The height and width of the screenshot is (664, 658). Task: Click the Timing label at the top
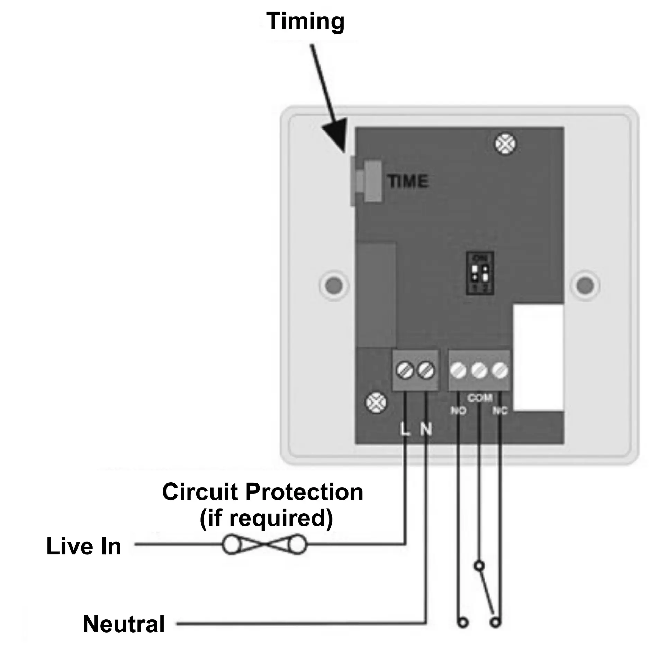pyautogui.click(x=305, y=21)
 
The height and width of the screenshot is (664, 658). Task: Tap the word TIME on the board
pyautogui.click(x=408, y=182)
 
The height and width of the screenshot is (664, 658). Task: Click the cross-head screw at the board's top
pyautogui.click(x=505, y=144)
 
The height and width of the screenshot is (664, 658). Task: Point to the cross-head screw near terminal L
pyautogui.click(x=376, y=403)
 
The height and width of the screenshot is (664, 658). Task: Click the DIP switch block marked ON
pyautogui.click(x=480, y=273)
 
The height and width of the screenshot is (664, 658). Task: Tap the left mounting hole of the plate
pyautogui.click(x=334, y=285)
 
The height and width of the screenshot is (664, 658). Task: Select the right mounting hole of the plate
pyautogui.click(x=585, y=285)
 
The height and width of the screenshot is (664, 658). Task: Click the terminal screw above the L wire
pyautogui.click(x=405, y=371)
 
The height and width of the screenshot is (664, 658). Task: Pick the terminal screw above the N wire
pyautogui.click(x=426, y=371)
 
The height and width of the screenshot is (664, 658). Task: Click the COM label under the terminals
pyautogui.click(x=480, y=398)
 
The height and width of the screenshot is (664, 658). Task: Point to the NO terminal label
pyautogui.click(x=458, y=411)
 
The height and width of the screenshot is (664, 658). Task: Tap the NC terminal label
pyautogui.click(x=500, y=411)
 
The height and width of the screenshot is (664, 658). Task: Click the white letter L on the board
pyautogui.click(x=404, y=430)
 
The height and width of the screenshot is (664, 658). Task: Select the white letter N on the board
pyautogui.click(x=426, y=430)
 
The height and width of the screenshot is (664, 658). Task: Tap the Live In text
pyautogui.click(x=84, y=546)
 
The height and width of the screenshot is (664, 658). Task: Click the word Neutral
pyautogui.click(x=124, y=624)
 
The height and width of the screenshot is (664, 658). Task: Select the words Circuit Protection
pyautogui.click(x=263, y=492)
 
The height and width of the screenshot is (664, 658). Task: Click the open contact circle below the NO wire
pyautogui.click(x=463, y=623)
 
